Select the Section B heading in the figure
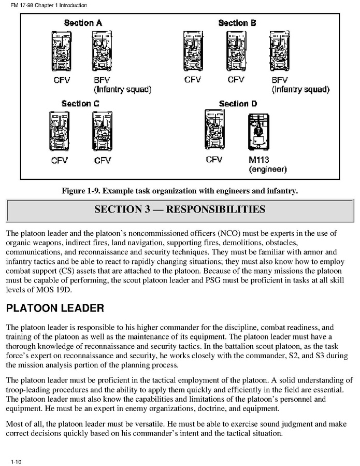[x=237, y=23]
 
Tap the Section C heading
[x=80, y=104]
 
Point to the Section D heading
[x=238, y=104]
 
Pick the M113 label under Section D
[x=260, y=160]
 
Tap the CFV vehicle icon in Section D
[x=214, y=133]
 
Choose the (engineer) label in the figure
[x=267, y=169]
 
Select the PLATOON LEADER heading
[x=55, y=308]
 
